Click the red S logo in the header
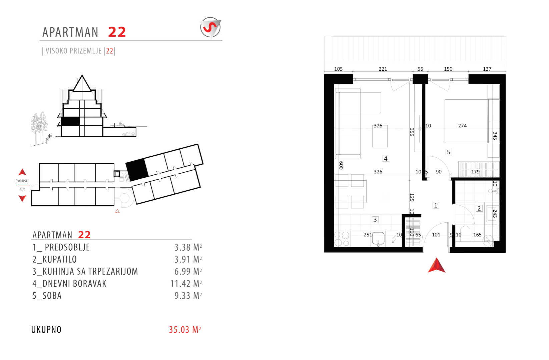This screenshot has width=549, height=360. [210, 28]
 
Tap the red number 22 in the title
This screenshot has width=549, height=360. [117, 32]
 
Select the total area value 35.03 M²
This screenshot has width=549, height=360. [185, 330]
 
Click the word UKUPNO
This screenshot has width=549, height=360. [46, 330]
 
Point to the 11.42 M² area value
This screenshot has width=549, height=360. [186, 284]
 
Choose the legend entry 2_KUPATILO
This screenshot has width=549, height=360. [55, 259]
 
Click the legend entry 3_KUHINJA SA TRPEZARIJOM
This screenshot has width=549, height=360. [85, 271]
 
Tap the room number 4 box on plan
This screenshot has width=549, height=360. [386, 159]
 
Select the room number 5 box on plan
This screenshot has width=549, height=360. [449, 152]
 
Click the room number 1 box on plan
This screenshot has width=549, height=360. [436, 205]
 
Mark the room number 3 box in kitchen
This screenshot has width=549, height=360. [375, 220]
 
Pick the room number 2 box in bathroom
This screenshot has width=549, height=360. [479, 209]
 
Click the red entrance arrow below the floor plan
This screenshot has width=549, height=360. [437, 265]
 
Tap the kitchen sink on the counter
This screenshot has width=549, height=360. [379, 239]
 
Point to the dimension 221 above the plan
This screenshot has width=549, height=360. [383, 69]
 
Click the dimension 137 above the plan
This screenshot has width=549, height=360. [487, 69]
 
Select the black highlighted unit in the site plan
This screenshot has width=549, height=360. [137, 170]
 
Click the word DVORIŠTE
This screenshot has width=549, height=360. [22, 181]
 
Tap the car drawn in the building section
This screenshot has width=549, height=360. [129, 134]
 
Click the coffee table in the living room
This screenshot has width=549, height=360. [380, 136]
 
